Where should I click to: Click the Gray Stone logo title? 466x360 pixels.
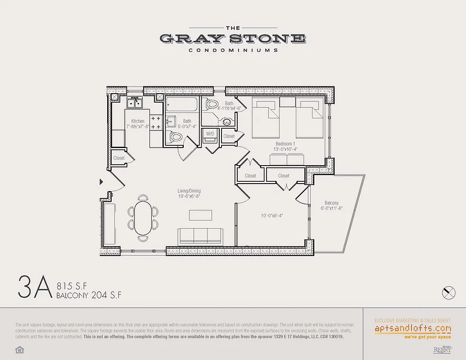[233, 39]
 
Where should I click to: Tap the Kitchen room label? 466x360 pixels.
[138, 121]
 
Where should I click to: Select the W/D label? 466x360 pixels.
[210, 134]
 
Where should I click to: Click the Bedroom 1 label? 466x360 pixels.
[284, 144]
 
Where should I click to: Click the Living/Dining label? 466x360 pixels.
[189, 191]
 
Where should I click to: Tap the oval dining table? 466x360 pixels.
[143, 217]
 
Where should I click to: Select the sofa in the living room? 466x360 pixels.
[200, 236]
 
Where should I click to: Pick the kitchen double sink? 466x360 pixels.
[134, 103]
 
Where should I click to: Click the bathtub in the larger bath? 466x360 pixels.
[182, 105]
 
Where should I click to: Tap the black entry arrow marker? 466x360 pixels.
[101, 181]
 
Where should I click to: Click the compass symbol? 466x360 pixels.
[449, 292]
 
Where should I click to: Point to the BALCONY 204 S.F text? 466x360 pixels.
[89, 295]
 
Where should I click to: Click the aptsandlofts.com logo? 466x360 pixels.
[413, 328]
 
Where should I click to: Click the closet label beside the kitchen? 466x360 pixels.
[119, 158]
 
